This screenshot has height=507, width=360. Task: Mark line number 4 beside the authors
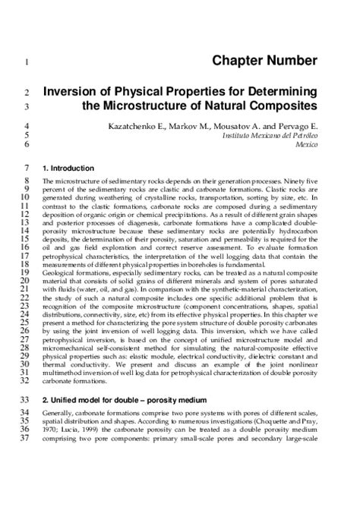point(27,124)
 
